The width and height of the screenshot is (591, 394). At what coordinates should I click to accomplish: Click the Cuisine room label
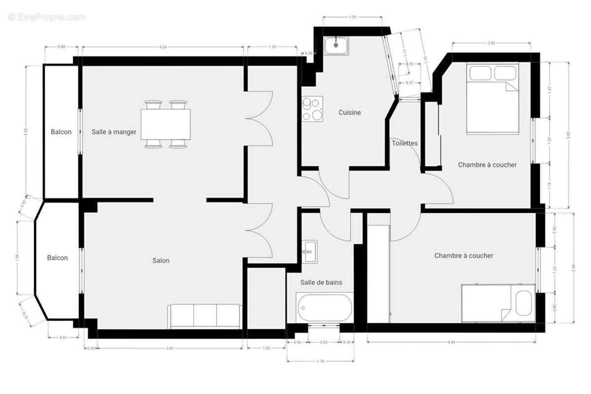(349, 112)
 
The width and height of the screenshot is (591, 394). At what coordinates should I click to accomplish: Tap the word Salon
(161, 261)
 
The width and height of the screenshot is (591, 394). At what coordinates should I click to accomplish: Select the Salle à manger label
(114, 132)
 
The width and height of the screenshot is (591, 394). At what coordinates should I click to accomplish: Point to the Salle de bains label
(321, 282)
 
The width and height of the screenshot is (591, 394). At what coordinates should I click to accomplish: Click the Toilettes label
(404, 143)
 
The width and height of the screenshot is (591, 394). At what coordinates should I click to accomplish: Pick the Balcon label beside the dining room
(61, 132)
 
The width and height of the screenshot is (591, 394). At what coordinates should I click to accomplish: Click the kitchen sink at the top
(336, 46)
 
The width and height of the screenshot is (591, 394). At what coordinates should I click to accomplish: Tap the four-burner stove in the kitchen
(312, 109)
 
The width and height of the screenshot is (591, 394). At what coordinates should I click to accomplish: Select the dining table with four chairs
(165, 124)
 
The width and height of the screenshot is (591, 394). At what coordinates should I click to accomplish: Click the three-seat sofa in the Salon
(204, 316)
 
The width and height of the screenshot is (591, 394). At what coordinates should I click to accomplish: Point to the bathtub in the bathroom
(325, 308)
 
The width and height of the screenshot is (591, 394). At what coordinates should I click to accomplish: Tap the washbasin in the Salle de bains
(310, 252)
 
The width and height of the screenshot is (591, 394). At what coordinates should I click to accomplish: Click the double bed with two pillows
(493, 98)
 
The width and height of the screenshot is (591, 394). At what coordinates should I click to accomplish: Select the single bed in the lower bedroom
(498, 303)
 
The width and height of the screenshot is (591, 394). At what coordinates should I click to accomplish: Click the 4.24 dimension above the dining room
(163, 47)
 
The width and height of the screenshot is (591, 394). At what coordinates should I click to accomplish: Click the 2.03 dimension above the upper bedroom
(491, 43)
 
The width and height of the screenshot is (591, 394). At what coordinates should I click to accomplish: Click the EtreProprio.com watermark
(47, 17)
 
